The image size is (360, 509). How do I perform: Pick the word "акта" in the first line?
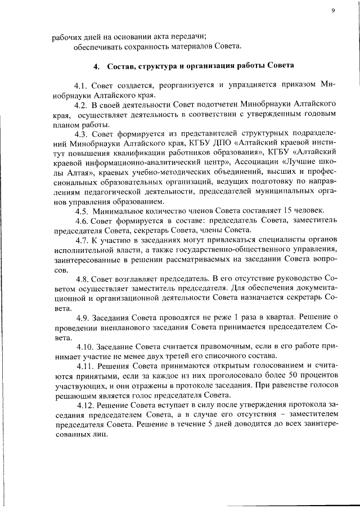(x=171, y=37)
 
